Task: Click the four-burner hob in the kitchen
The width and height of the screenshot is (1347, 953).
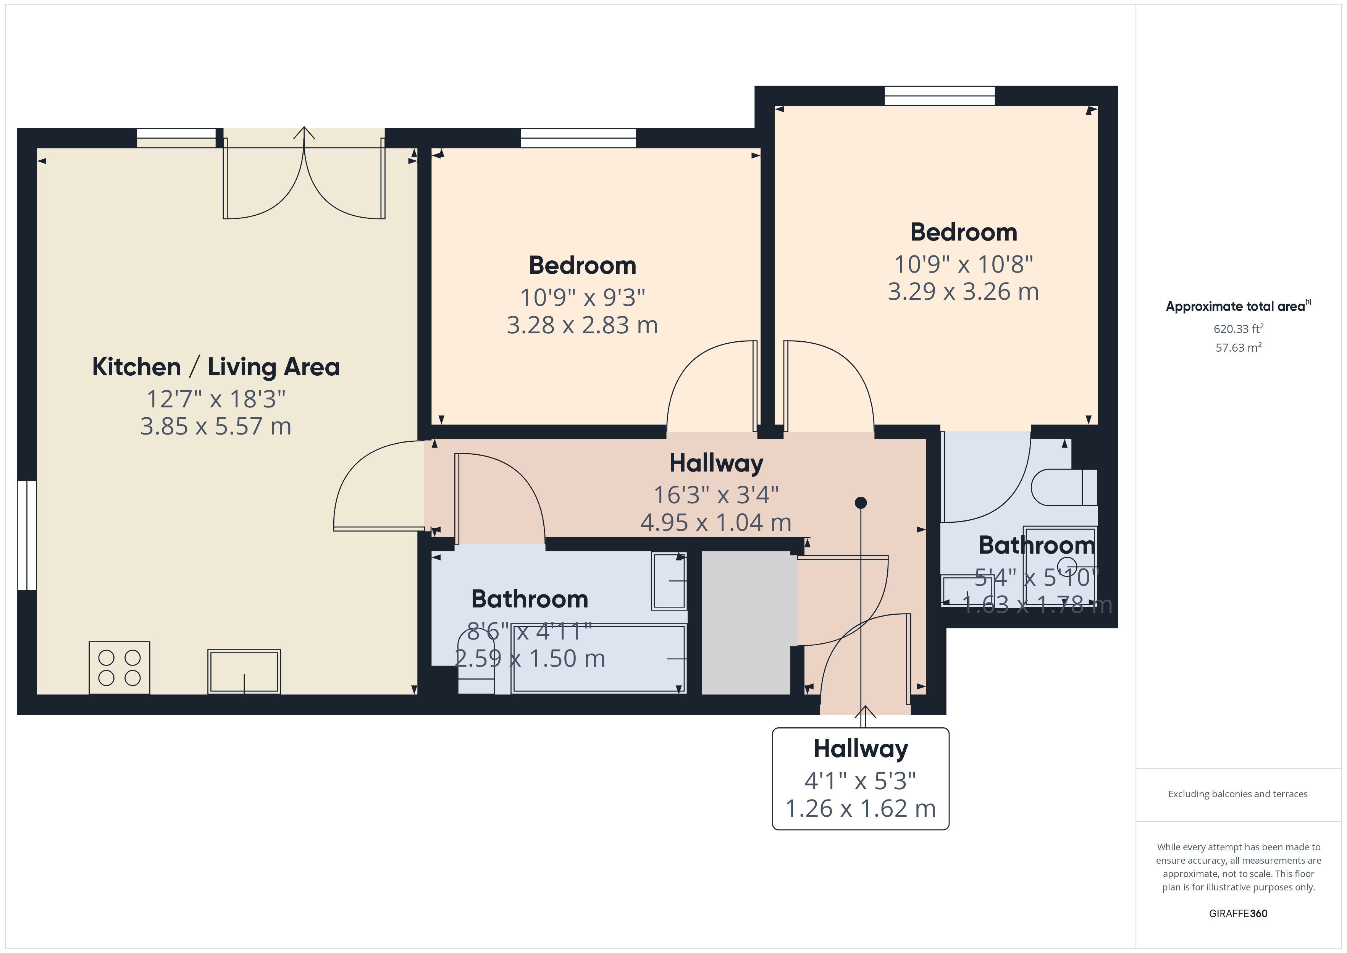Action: pyautogui.click(x=119, y=667)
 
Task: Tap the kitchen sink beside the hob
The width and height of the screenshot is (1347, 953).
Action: pyautogui.click(x=244, y=671)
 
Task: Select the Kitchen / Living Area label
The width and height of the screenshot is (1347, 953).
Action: pyautogui.click(x=216, y=367)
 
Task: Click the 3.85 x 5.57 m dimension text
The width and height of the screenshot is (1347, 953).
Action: pyautogui.click(x=216, y=426)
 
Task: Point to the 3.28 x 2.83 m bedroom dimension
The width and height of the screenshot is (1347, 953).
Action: pyautogui.click(x=582, y=325)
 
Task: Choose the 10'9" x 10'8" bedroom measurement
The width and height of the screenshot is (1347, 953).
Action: pyautogui.click(x=963, y=264)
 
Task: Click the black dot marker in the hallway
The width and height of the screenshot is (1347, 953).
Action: pyautogui.click(x=861, y=502)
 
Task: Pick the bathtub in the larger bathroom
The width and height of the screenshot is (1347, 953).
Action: pyautogui.click(x=598, y=658)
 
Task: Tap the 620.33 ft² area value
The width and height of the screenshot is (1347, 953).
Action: pyautogui.click(x=1239, y=329)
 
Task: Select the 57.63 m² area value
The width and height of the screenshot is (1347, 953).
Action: pyautogui.click(x=1239, y=347)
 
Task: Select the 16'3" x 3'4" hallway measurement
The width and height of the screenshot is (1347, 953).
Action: pyautogui.click(x=716, y=495)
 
